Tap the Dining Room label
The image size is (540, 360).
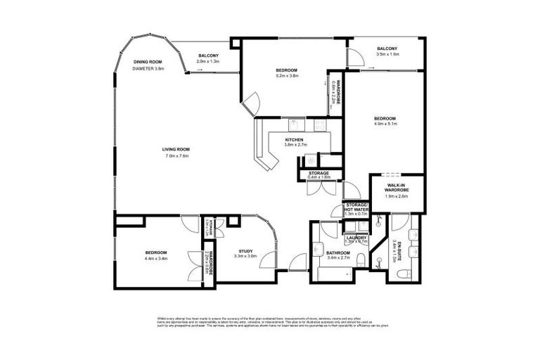tap(148, 62)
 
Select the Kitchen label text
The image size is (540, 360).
tap(294, 141)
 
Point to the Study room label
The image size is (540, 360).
tap(245, 251)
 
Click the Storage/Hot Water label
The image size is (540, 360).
tap(356, 206)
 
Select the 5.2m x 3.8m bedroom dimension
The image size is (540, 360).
tap(287, 76)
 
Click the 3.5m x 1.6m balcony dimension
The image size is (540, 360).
tap(387, 54)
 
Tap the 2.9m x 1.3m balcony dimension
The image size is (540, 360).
tap(208, 62)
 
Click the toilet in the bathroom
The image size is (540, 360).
tap(359, 262)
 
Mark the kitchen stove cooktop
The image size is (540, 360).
tap(320, 124)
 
